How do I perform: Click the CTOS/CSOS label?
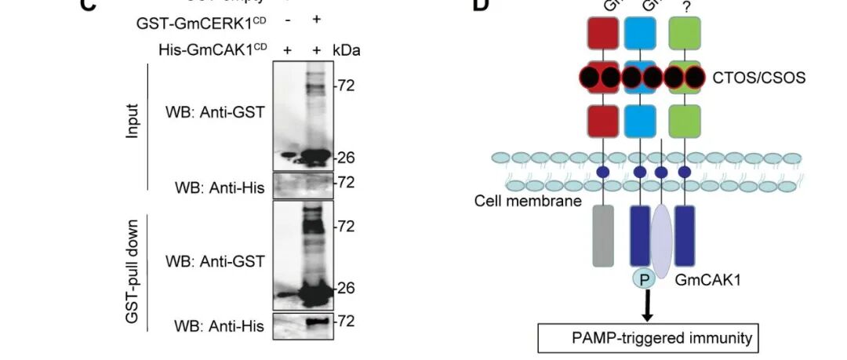point(758,78)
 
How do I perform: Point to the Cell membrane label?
point(527,201)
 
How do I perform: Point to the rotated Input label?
point(133,121)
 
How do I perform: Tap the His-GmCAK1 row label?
point(213,49)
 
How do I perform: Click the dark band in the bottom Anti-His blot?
point(315,322)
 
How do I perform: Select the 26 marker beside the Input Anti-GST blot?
point(346,158)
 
